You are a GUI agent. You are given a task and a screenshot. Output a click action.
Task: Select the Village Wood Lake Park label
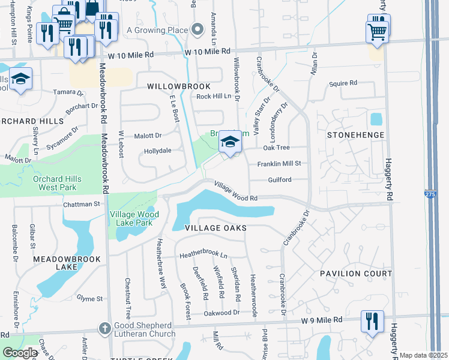tap(134, 218)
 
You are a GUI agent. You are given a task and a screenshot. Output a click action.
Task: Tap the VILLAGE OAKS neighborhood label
tap(215, 229)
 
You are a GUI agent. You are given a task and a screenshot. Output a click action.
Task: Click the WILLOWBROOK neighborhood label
tap(179, 86)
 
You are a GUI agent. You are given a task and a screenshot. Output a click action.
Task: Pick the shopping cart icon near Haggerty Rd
tap(377, 31)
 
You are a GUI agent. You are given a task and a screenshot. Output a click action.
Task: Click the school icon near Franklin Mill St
tap(229, 143)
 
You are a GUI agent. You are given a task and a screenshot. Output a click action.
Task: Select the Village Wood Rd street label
tap(235, 191)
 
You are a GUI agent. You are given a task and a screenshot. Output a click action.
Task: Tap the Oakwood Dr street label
tap(221, 313)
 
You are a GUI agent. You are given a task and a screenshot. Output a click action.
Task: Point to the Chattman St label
tap(81, 204)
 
